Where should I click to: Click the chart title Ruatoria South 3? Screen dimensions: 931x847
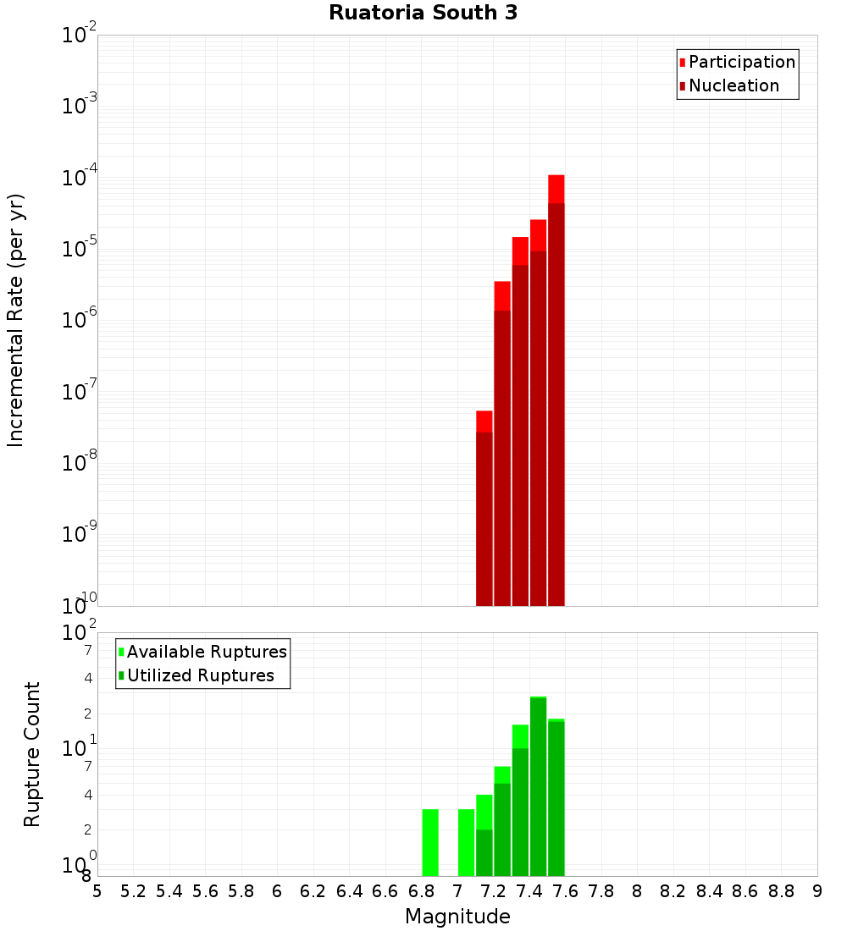pyautogui.click(x=423, y=13)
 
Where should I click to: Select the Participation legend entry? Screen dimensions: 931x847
pyautogui.click(x=737, y=62)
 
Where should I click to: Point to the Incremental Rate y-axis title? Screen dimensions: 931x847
pyautogui.click(x=15, y=321)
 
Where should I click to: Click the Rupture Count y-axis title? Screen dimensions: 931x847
pyautogui.click(x=32, y=754)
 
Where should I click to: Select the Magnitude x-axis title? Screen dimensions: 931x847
pyautogui.click(x=457, y=917)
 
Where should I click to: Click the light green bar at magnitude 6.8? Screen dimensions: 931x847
pyautogui.click(x=430, y=842)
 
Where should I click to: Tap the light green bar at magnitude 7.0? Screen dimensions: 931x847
pyautogui.click(x=466, y=842)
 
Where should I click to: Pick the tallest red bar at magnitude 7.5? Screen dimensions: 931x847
pyautogui.click(x=556, y=389)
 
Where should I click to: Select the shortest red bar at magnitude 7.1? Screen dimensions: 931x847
pyautogui.click(x=484, y=508)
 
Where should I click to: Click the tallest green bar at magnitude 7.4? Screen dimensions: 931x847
pyautogui.click(x=538, y=787)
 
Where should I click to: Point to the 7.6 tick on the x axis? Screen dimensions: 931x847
pyautogui.click(x=566, y=890)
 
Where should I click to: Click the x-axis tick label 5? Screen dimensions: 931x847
pyautogui.click(x=97, y=890)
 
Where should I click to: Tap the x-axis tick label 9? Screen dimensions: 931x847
pyautogui.click(x=817, y=890)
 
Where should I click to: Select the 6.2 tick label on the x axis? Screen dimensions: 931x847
pyautogui.click(x=313, y=890)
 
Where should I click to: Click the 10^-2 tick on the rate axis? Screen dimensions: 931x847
pyautogui.click(x=80, y=36)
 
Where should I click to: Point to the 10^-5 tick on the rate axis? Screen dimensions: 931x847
pyautogui.click(x=80, y=250)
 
